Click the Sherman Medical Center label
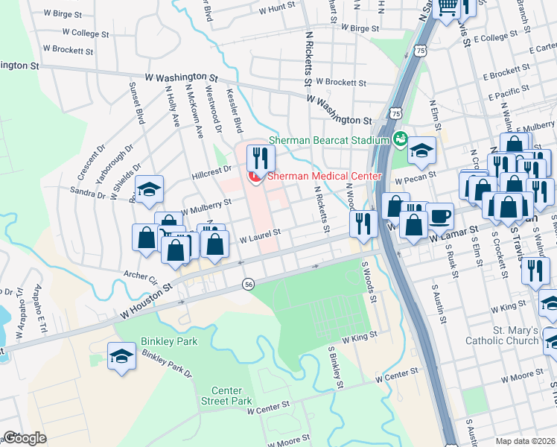pos(324,177)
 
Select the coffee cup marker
pos(439,216)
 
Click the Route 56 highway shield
pos(248,284)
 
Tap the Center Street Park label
pos(232,396)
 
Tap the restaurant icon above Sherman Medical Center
pos(261,157)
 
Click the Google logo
pos(25,438)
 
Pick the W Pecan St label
pos(414,180)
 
